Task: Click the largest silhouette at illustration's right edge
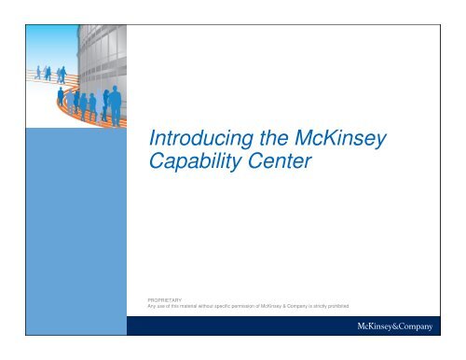[115, 105]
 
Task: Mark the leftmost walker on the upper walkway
[38, 72]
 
